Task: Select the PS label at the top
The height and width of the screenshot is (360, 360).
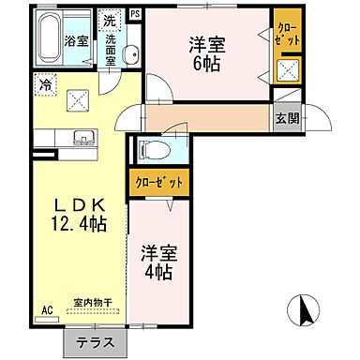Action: click(135, 13)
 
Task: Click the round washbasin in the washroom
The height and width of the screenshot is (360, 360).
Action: click(132, 53)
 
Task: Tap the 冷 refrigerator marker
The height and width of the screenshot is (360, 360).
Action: click(45, 84)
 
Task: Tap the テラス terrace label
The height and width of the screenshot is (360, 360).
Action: click(95, 344)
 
